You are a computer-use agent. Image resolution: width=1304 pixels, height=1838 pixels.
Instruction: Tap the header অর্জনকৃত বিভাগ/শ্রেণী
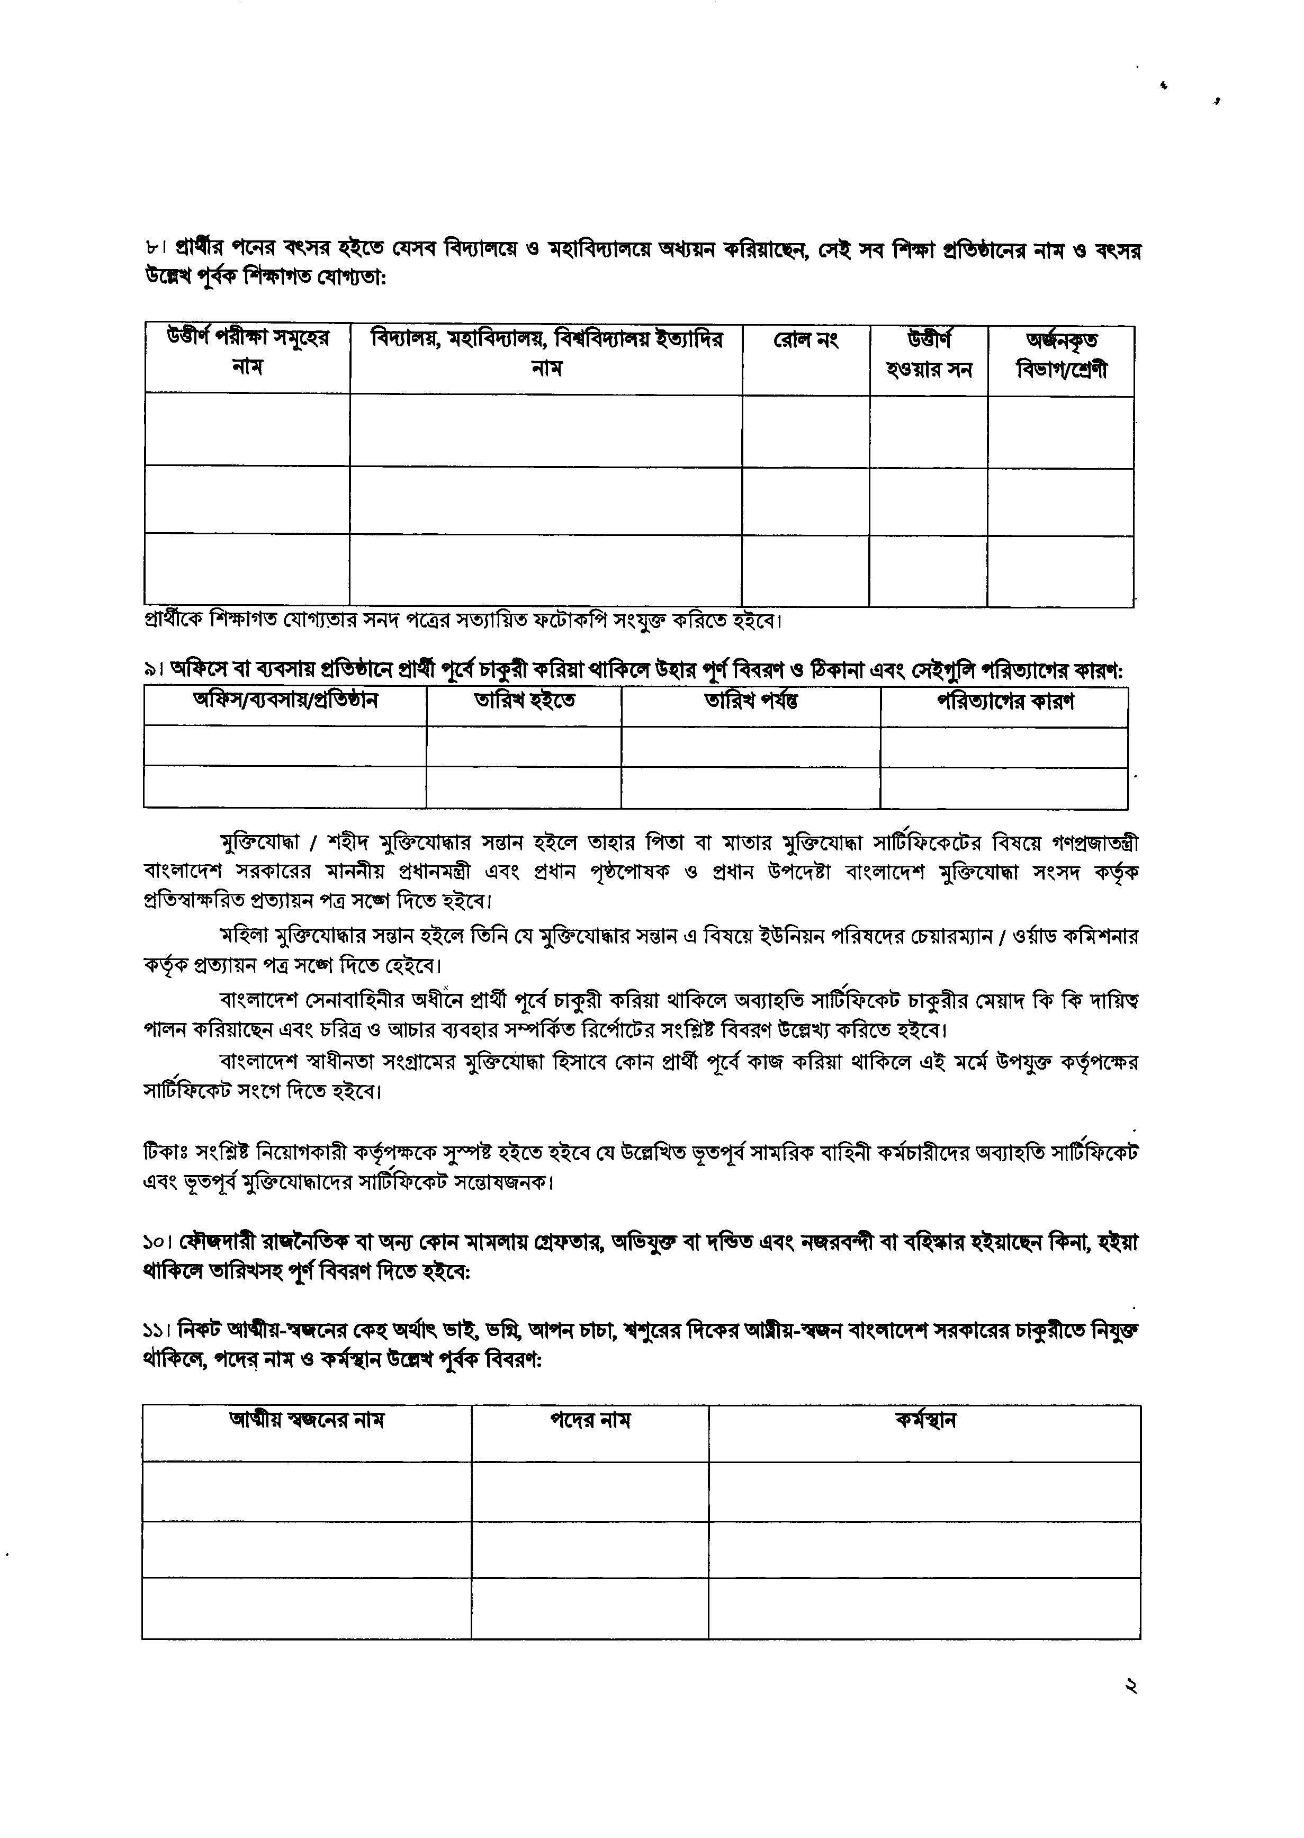point(1060,356)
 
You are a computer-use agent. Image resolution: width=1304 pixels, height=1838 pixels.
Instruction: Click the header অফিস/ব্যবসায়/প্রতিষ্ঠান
point(285,701)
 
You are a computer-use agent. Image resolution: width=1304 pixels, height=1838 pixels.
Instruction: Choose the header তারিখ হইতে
point(524,701)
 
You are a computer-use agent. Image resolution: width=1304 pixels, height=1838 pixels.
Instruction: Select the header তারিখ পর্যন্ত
point(751,701)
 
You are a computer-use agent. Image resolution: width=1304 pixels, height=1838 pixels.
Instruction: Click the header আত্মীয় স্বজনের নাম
point(307,1420)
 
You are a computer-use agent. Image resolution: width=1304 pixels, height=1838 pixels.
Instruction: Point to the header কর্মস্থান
point(925,1420)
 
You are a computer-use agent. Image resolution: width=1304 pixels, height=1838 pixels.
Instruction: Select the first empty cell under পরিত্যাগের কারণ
point(1004,747)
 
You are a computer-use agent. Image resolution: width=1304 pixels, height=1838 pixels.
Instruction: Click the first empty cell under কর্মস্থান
point(925,1491)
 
